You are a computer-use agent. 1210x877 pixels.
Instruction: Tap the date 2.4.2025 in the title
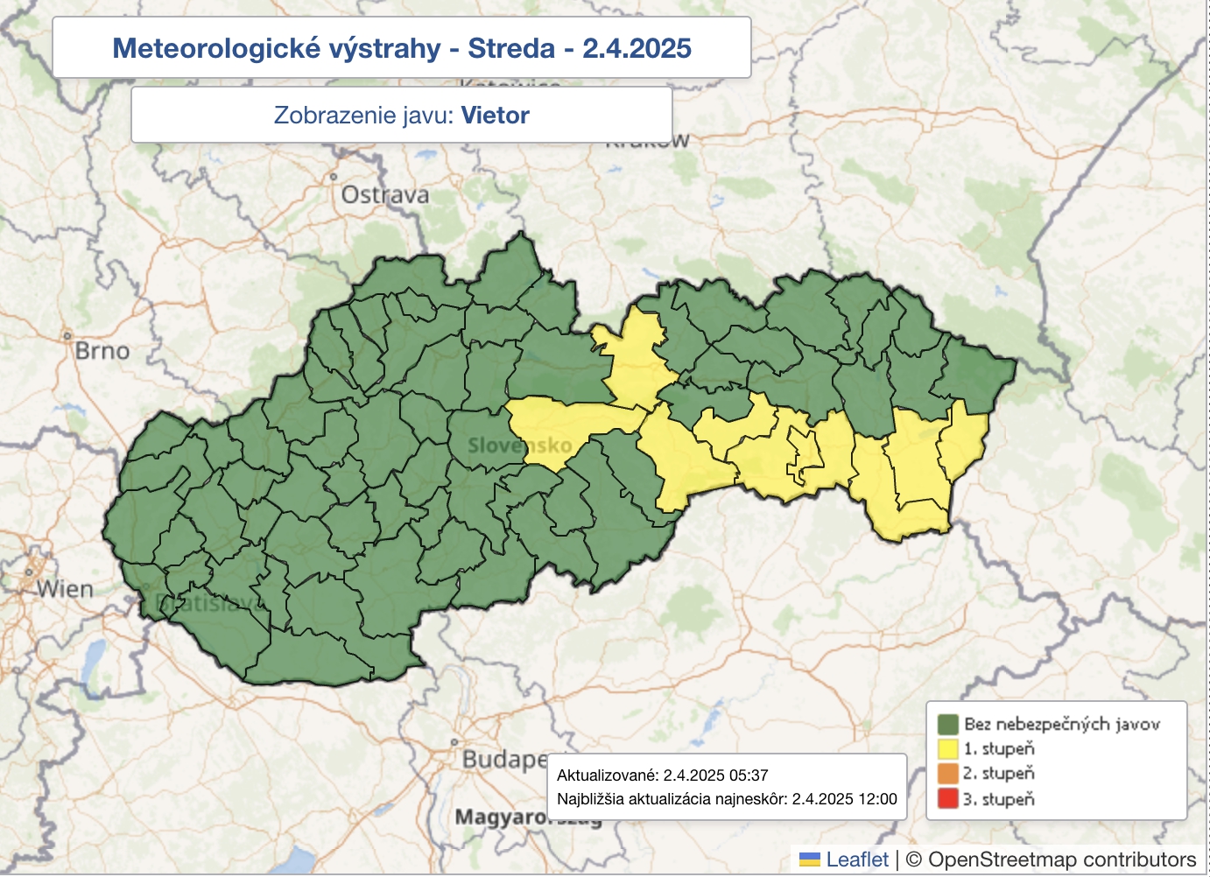click(x=637, y=48)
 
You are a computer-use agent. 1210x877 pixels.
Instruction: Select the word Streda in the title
click(x=510, y=48)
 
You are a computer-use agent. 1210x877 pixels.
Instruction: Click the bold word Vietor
click(x=495, y=116)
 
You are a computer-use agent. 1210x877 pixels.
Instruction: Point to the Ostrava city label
click(x=385, y=194)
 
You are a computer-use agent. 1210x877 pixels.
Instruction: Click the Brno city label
click(x=102, y=351)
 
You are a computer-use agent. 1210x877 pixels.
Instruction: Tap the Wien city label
click(x=65, y=589)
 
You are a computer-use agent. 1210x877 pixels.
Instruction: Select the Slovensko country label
click(x=519, y=446)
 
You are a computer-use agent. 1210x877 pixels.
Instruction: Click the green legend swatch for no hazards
click(x=947, y=725)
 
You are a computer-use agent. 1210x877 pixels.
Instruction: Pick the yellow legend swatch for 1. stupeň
click(x=947, y=749)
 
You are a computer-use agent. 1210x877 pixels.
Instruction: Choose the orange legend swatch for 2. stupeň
click(x=947, y=774)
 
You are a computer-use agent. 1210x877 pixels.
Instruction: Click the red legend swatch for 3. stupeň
click(x=947, y=799)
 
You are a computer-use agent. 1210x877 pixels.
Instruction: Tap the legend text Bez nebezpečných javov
click(x=1061, y=725)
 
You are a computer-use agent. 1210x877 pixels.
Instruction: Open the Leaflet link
click(x=856, y=859)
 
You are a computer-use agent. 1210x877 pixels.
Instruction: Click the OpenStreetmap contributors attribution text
click(x=1061, y=859)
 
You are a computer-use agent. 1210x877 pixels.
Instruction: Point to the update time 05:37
click(x=748, y=775)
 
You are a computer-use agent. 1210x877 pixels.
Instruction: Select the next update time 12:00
click(x=877, y=799)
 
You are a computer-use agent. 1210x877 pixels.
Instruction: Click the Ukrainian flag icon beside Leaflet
click(x=810, y=860)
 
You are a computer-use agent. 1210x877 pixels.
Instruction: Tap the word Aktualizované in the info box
click(x=606, y=775)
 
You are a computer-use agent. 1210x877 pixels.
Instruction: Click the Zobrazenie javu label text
click(x=363, y=116)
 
